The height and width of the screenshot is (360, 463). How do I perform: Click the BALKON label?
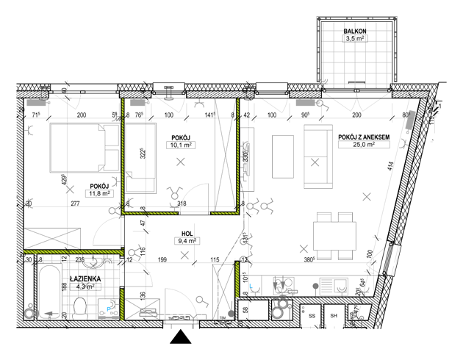355,30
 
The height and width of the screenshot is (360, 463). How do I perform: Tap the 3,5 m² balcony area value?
355,40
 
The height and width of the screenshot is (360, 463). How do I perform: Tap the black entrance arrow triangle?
180,337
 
